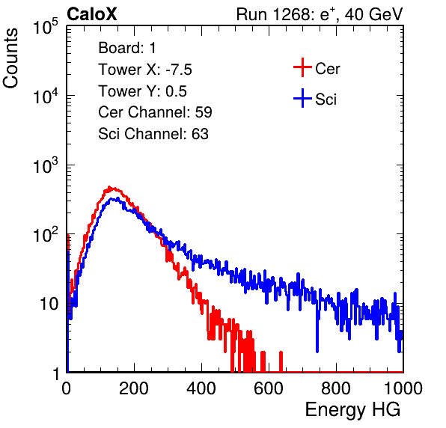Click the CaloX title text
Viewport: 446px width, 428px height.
92,14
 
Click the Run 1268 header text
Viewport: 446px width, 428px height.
320,14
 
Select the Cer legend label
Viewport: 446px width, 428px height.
327,69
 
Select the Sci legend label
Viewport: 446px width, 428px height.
326,99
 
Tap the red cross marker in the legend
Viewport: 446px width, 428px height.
302,67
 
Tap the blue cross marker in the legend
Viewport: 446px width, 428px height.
302,98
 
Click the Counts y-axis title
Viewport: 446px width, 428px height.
10,58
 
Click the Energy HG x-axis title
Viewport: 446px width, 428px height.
352,410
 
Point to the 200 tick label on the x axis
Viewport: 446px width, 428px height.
134,388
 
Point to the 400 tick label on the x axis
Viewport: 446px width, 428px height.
201,388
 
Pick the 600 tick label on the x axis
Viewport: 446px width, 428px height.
269,388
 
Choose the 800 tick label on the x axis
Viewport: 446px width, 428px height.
336,388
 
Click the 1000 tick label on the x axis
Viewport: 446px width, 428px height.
403,388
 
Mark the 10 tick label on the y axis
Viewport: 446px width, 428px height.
49,304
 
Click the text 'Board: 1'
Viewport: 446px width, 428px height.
127,48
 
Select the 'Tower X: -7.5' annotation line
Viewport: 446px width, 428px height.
145,70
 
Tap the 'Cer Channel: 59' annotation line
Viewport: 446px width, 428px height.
155,112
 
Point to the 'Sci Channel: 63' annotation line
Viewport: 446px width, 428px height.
153,134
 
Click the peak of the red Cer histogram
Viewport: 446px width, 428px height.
109,187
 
